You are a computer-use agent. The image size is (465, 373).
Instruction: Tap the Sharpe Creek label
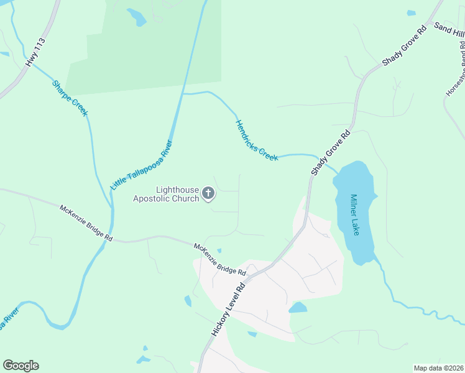[70, 98]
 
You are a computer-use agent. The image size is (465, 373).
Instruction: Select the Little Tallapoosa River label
[141, 165]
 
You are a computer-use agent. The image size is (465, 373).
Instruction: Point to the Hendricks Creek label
[256, 140]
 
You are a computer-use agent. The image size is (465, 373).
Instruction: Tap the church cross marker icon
[208, 195]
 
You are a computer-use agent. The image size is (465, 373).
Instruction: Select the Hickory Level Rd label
[230, 308]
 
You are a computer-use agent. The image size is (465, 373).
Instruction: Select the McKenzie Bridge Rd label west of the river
[86, 223]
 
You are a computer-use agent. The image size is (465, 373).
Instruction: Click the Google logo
[21, 366]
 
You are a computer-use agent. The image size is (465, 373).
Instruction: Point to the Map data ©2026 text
[438, 368]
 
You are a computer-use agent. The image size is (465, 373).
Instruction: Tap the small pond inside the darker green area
[136, 17]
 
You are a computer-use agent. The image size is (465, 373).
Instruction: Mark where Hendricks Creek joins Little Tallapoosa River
[183, 93]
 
